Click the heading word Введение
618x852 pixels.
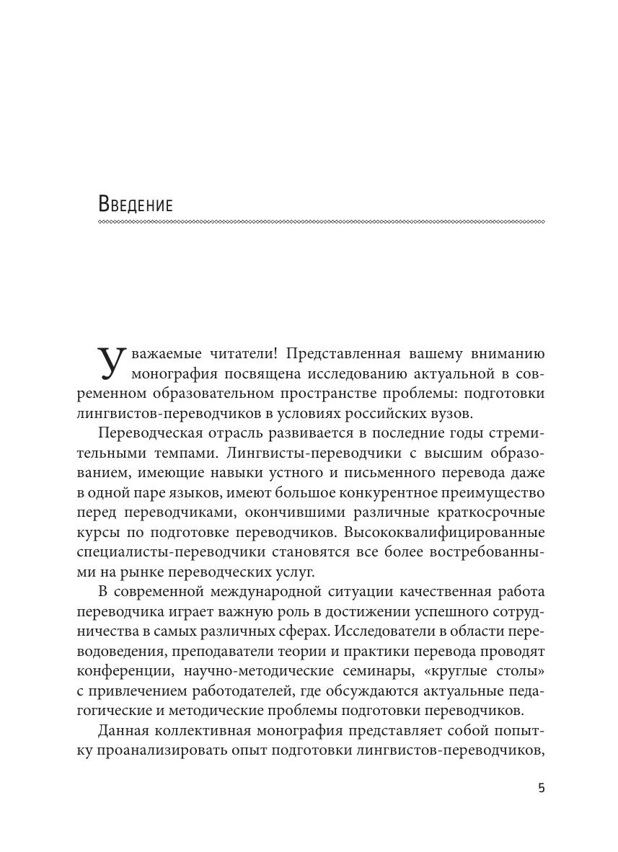[136, 204]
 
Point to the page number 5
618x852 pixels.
[542, 788]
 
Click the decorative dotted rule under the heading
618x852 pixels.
[321, 222]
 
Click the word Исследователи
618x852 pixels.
[413, 631]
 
